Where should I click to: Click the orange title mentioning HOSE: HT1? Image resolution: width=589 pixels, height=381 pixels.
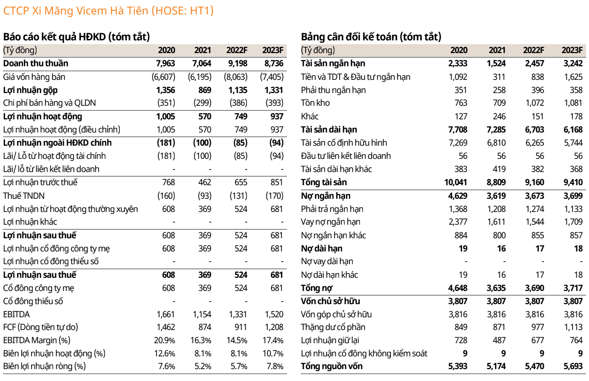click(x=108, y=11)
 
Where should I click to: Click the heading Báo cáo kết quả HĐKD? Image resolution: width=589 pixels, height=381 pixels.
click(x=76, y=37)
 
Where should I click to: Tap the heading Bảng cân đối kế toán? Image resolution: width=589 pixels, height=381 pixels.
click(x=371, y=37)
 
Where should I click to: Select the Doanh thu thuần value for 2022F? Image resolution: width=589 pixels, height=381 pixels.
click(x=237, y=63)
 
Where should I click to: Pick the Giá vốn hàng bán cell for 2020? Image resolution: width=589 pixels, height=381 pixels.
click(x=164, y=77)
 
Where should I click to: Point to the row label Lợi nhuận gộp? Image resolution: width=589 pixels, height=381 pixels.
click(x=30, y=90)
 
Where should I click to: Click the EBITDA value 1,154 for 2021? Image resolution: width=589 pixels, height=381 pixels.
click(x=202, y=314)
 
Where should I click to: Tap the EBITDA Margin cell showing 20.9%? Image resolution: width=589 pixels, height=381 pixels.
click(x=164, y=340)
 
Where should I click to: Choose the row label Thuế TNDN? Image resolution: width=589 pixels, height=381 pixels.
click(x=24, y=196)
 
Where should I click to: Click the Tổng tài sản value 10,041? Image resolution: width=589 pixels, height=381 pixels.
click(x=456, y=182)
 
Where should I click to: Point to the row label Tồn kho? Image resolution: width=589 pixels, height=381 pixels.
click(x=315, y=103)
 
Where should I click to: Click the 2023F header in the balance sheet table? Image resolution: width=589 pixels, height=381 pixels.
click(x=572, y=50)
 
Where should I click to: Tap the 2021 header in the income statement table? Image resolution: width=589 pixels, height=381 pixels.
click(x=203, y=50)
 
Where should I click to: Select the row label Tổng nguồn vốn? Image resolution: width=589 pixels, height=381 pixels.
click(x=332, y=366)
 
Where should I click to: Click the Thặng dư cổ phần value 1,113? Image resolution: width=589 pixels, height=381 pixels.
click(x=573, y=327)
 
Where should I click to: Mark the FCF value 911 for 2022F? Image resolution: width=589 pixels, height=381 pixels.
click(x=241, y=327)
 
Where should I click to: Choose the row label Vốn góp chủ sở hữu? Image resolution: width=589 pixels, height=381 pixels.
click(x=336, y=314)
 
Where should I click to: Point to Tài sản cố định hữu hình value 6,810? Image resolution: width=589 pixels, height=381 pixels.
click(x=496, y=143)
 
